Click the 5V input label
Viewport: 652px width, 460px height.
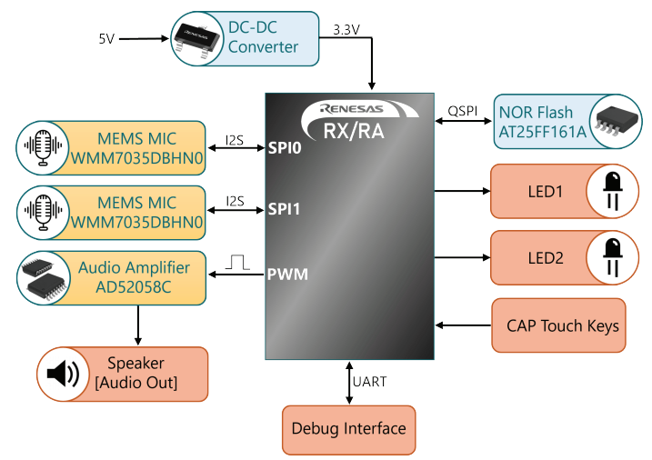[106, 39]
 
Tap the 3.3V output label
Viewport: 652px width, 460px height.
[346, 30]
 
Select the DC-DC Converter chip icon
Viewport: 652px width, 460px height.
[196, 39]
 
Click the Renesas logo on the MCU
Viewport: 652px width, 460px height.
[352, 109]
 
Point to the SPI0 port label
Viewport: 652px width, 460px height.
[285, 148]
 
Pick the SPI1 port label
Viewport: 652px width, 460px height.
[284, 208]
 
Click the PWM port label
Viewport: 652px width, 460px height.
[287, 275]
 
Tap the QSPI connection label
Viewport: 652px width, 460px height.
[462, 112]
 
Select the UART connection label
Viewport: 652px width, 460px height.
[369, 382]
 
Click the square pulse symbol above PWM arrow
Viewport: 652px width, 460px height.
[237, 262]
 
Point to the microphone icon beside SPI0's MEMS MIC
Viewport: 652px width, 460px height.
[43, 147]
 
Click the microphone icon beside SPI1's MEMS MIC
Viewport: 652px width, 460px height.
[44, 213]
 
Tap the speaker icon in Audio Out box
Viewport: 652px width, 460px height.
[63, 374]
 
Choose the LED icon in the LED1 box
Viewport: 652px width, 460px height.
[613, 191]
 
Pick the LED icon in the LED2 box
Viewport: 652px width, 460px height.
[613, 257]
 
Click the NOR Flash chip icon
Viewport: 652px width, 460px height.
[617, 121]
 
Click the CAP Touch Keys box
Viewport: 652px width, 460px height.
[558, 325]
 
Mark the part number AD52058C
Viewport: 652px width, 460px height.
[134, 287]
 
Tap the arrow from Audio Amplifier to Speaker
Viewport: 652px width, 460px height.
[138, 325]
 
